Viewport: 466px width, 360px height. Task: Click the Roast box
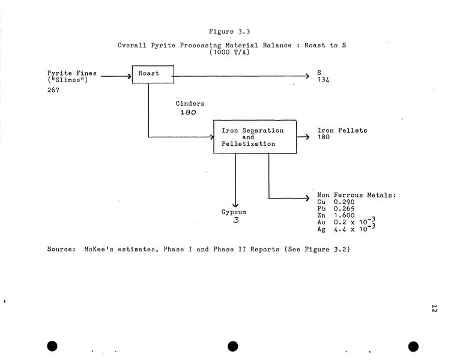[x=153, y=74]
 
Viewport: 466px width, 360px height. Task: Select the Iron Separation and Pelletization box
[x=255, y=137]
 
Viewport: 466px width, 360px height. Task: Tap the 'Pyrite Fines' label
[x=72, y=73]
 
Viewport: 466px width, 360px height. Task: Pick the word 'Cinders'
[x=190, y=104]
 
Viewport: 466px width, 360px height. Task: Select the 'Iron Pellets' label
[x=342, y=130]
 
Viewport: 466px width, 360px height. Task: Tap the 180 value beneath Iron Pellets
[x=324, y=137]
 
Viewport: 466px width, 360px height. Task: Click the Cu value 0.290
[x=344, y=202]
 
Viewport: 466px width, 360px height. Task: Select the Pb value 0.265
[x=344, y=209]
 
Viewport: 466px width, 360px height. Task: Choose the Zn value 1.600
[x=344, y=215]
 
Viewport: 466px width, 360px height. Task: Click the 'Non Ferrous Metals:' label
[x=356, y=196]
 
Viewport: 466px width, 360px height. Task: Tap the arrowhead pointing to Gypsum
[x=235, y=205]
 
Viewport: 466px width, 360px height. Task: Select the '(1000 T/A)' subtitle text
[x=229, y=52]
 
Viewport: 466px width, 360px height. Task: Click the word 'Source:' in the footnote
[x=62, y=249]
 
